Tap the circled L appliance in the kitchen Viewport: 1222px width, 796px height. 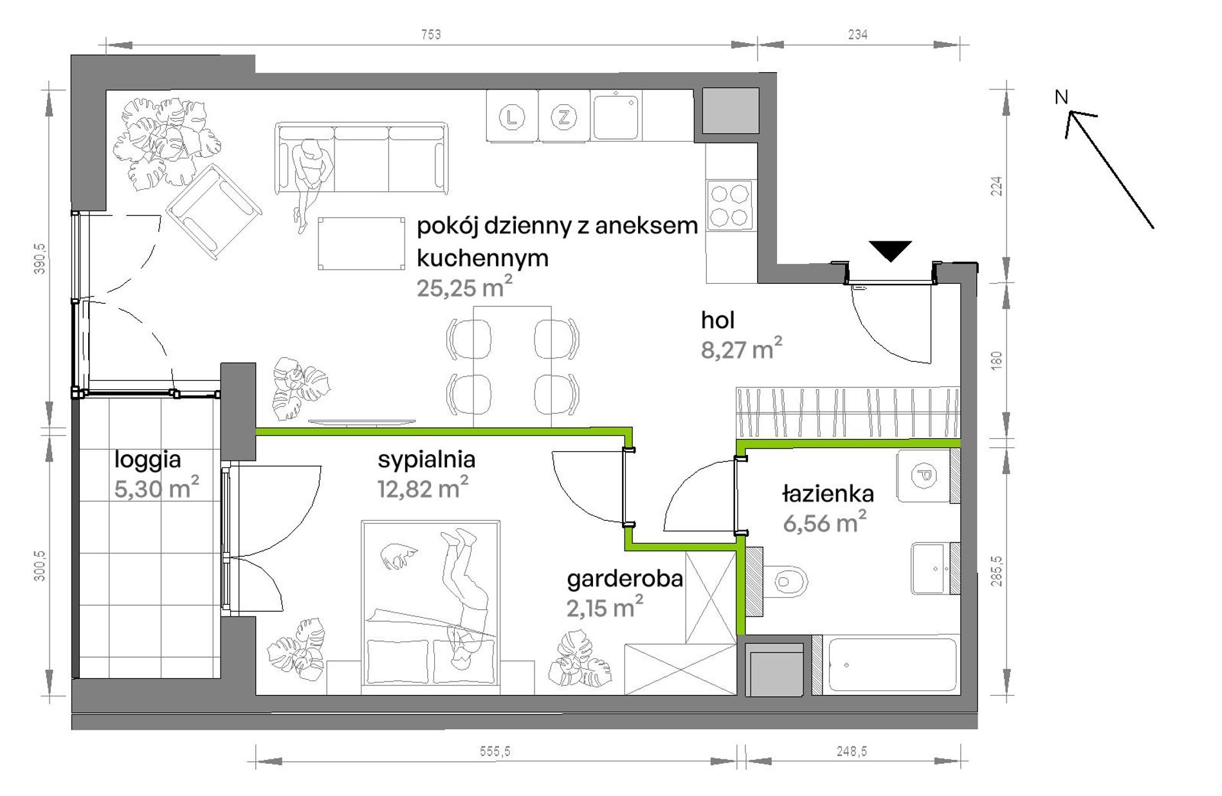click(512, 117)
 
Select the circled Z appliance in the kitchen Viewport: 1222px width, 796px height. click(564, 117)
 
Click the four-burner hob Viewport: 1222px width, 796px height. click(729, 205)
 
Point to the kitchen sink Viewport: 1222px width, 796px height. click(616, 116)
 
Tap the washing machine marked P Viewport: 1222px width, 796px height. click(924, 476)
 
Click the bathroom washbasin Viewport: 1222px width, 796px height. click(931, 568)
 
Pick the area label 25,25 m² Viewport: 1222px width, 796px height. click(464, 287)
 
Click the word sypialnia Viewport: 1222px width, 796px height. click(426, 459)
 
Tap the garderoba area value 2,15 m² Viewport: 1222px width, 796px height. click(605, 607)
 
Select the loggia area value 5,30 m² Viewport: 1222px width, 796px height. click(156, 488)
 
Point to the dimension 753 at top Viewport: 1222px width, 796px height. click(431, 34)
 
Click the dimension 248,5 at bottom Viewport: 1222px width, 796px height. click(852, 751)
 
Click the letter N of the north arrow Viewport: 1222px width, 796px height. click(1061, 97)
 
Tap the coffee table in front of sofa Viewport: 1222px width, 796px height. click(361, 243)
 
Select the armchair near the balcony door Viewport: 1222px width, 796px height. click(214, 212)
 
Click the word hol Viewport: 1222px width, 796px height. click(718, 320)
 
